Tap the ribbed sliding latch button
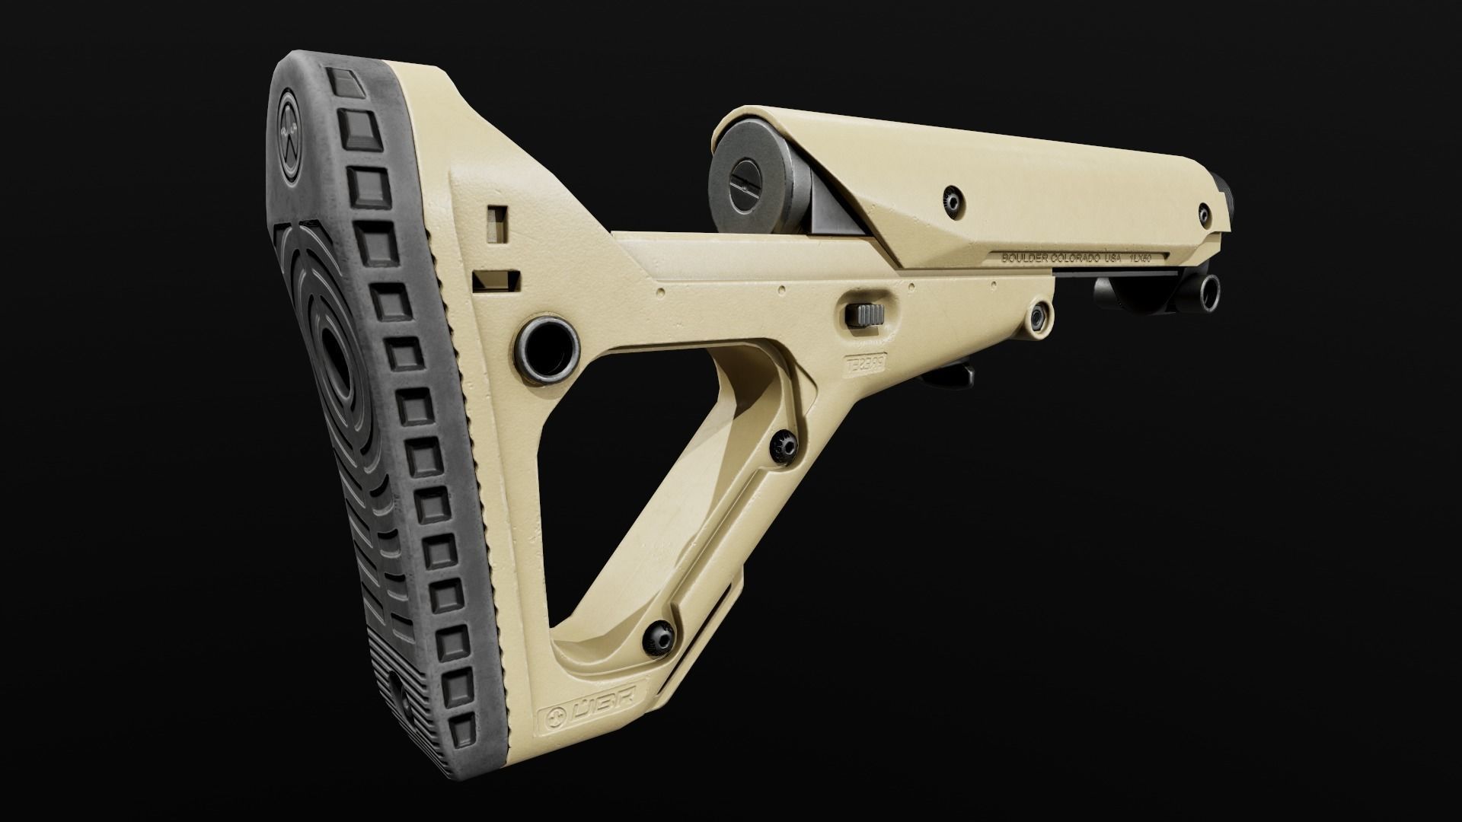(x=867, y=314)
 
